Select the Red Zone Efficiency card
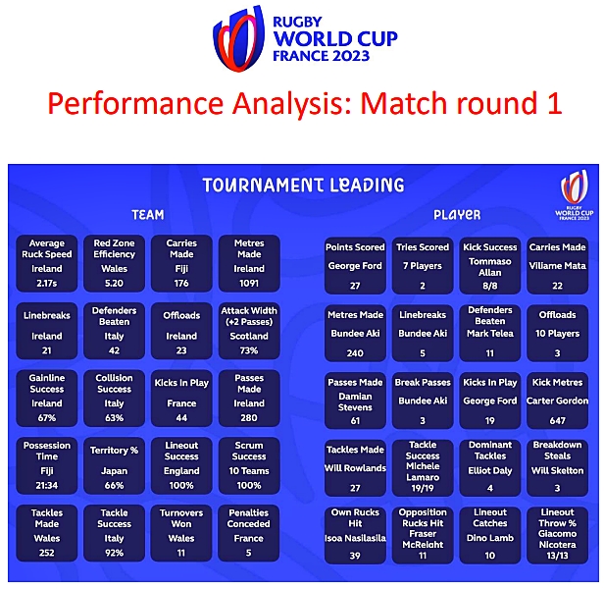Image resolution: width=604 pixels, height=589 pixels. click(114, 262)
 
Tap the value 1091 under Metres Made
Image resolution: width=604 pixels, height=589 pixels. click(249, 284)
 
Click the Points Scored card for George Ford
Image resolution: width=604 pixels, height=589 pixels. click(355, 265)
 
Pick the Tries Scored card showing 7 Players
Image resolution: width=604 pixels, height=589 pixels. click(421, 265)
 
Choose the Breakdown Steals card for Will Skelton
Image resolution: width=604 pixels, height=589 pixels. click(558, 467)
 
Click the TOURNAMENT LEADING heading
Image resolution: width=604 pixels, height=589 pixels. click(303, 185)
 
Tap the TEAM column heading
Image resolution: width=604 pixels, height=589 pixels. click(147, 214)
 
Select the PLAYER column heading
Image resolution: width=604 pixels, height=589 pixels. click(457, 214)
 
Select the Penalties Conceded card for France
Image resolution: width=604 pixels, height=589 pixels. click(249, 532)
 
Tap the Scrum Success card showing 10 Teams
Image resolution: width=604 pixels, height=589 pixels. click(249, 464)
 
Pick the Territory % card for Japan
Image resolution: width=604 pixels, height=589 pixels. click(114, 464)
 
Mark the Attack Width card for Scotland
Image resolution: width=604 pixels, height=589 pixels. click(249, 330)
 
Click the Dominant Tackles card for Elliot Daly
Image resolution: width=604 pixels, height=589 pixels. click(490, 467)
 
